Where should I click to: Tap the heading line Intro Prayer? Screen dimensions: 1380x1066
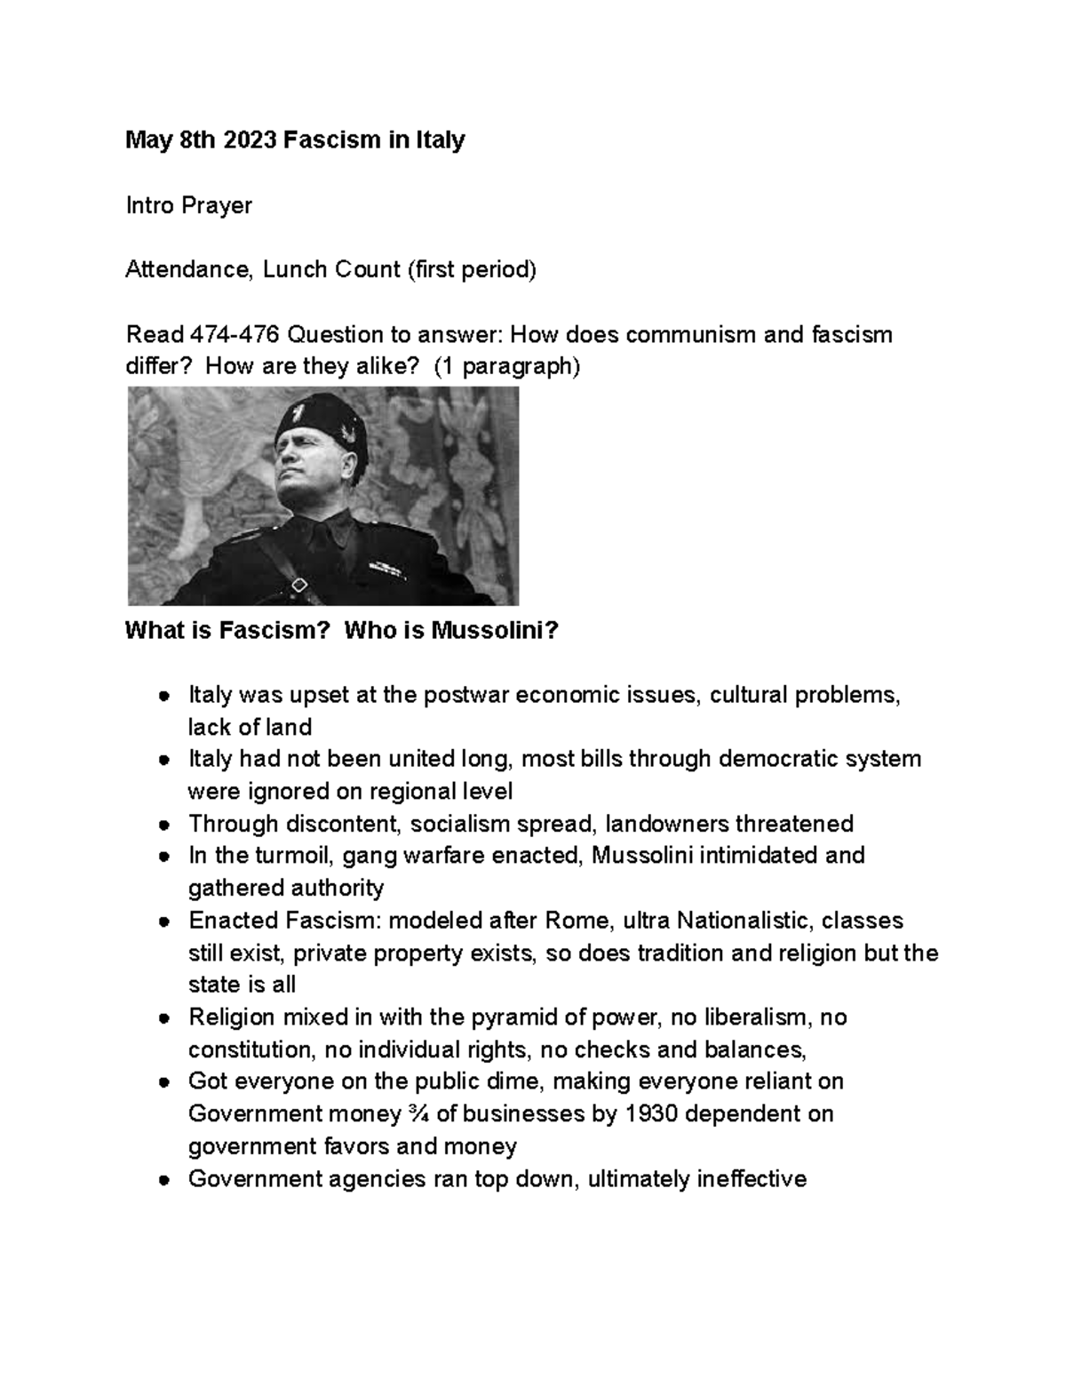(x=188, y=205)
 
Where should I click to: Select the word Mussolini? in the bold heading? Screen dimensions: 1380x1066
(x=495, y=631)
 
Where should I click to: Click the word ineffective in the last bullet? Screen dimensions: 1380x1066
(x=752, y=1179)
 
